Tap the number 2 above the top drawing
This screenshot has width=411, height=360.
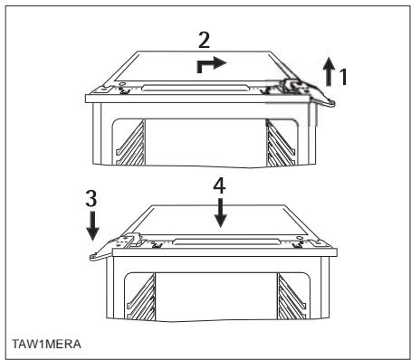[x=207, y=40]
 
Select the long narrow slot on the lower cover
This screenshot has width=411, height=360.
[x=222, y=241]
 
